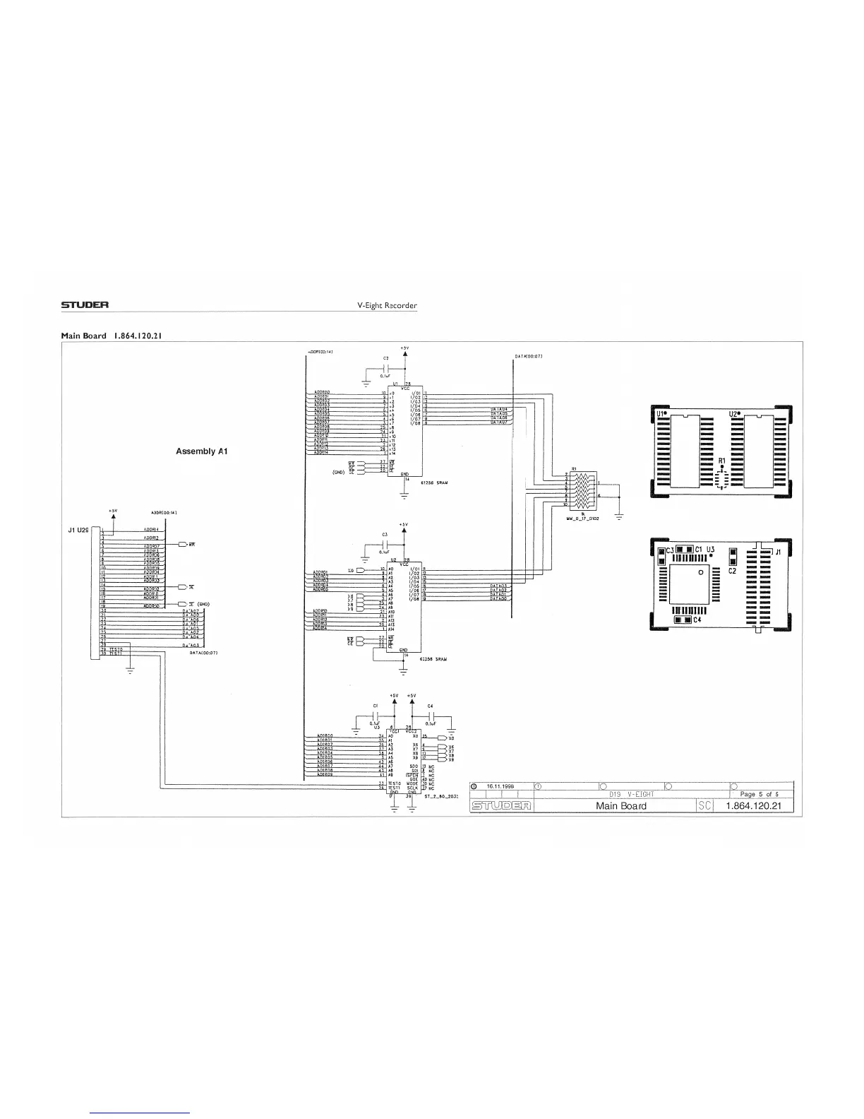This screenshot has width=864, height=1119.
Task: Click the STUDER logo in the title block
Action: [x=502, y=805]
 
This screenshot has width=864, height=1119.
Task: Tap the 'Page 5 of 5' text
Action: [x=759, y=794]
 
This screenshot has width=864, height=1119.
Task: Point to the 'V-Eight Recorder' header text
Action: [x=388, y=306]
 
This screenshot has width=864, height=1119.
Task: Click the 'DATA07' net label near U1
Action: [x=499, y=423]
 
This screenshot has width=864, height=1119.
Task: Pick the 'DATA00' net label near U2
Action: [x=499, y=599]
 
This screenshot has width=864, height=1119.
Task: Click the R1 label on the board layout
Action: [x=721, y=461]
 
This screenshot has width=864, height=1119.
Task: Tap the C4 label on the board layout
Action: [x=697, y=620]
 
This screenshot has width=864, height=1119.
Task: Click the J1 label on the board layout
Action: [x=777, y=552]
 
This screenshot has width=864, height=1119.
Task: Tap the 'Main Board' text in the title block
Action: [x=620, y=805]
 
